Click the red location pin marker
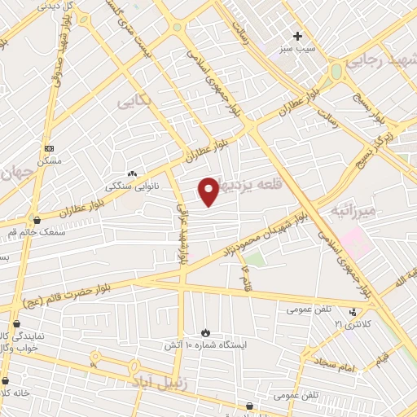click(208, 191)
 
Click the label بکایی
click(134, 103)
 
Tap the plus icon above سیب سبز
click(298, 36)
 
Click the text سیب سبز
click(298, 50)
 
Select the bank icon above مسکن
click(50, 148)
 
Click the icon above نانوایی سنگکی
click(132, 173)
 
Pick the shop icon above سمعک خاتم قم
click(36, 220)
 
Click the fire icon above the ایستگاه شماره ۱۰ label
click(205, 332)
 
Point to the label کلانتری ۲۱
click(351, 324)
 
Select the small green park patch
click(255, 259)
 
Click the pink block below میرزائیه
click(354, 241)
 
